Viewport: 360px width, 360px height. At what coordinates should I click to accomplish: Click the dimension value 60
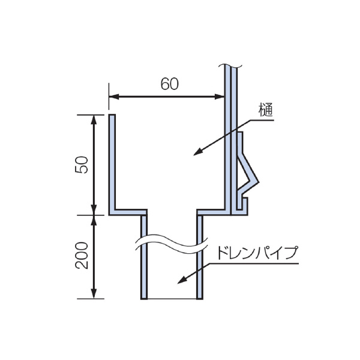tap(169, 83)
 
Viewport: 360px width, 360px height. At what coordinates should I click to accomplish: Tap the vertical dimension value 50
tap(82, 164)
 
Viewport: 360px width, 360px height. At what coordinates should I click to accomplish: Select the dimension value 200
tap(82, 256)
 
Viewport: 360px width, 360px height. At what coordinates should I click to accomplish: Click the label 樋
tap(266, 110)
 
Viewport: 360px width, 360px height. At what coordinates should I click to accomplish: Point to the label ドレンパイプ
tap(257, 253)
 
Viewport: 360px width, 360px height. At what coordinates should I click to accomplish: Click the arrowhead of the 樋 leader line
tap(197, 152)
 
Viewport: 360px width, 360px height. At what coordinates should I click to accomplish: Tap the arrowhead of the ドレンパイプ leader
tap(181, 280)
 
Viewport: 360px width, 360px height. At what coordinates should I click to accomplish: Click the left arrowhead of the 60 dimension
tap(114, 97)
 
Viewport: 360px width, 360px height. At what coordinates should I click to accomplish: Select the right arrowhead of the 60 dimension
tap(219, 97)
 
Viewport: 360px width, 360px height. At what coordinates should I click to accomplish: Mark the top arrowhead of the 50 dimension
tap(94, 119)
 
